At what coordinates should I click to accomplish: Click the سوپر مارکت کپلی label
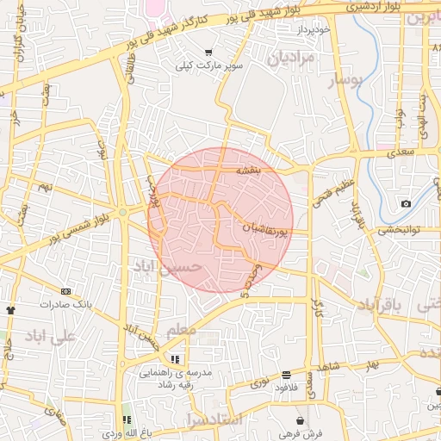tap(209, 65)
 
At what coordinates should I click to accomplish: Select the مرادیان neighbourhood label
tap(290, 59)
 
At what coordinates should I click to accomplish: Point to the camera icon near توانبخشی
tap(406, 204)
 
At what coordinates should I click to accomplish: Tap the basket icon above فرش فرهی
tap(299, 419)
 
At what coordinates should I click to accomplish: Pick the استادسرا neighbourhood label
tap(214, 419)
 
